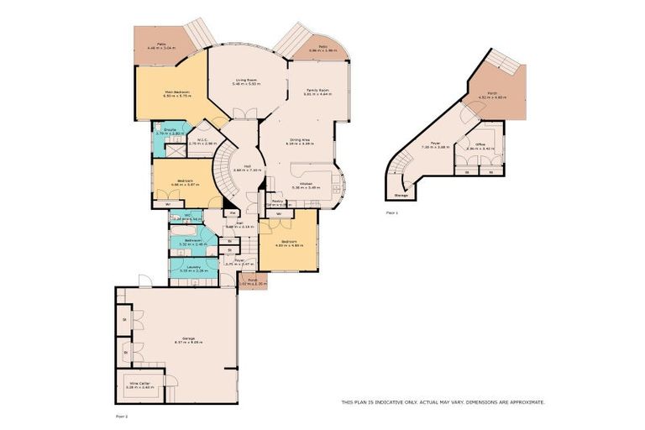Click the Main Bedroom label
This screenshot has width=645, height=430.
[177, 92]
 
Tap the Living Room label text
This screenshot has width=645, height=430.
[245, 81]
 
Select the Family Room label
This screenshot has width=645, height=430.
[317, 90]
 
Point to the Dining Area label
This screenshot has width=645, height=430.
[299, 140]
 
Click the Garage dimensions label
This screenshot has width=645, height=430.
[178, 343]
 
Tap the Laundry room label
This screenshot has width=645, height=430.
[193, 268]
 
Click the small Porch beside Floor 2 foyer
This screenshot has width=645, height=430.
[252, 282]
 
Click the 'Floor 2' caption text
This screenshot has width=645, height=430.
[123, 415]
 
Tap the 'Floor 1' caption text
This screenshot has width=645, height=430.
[391, 213]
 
